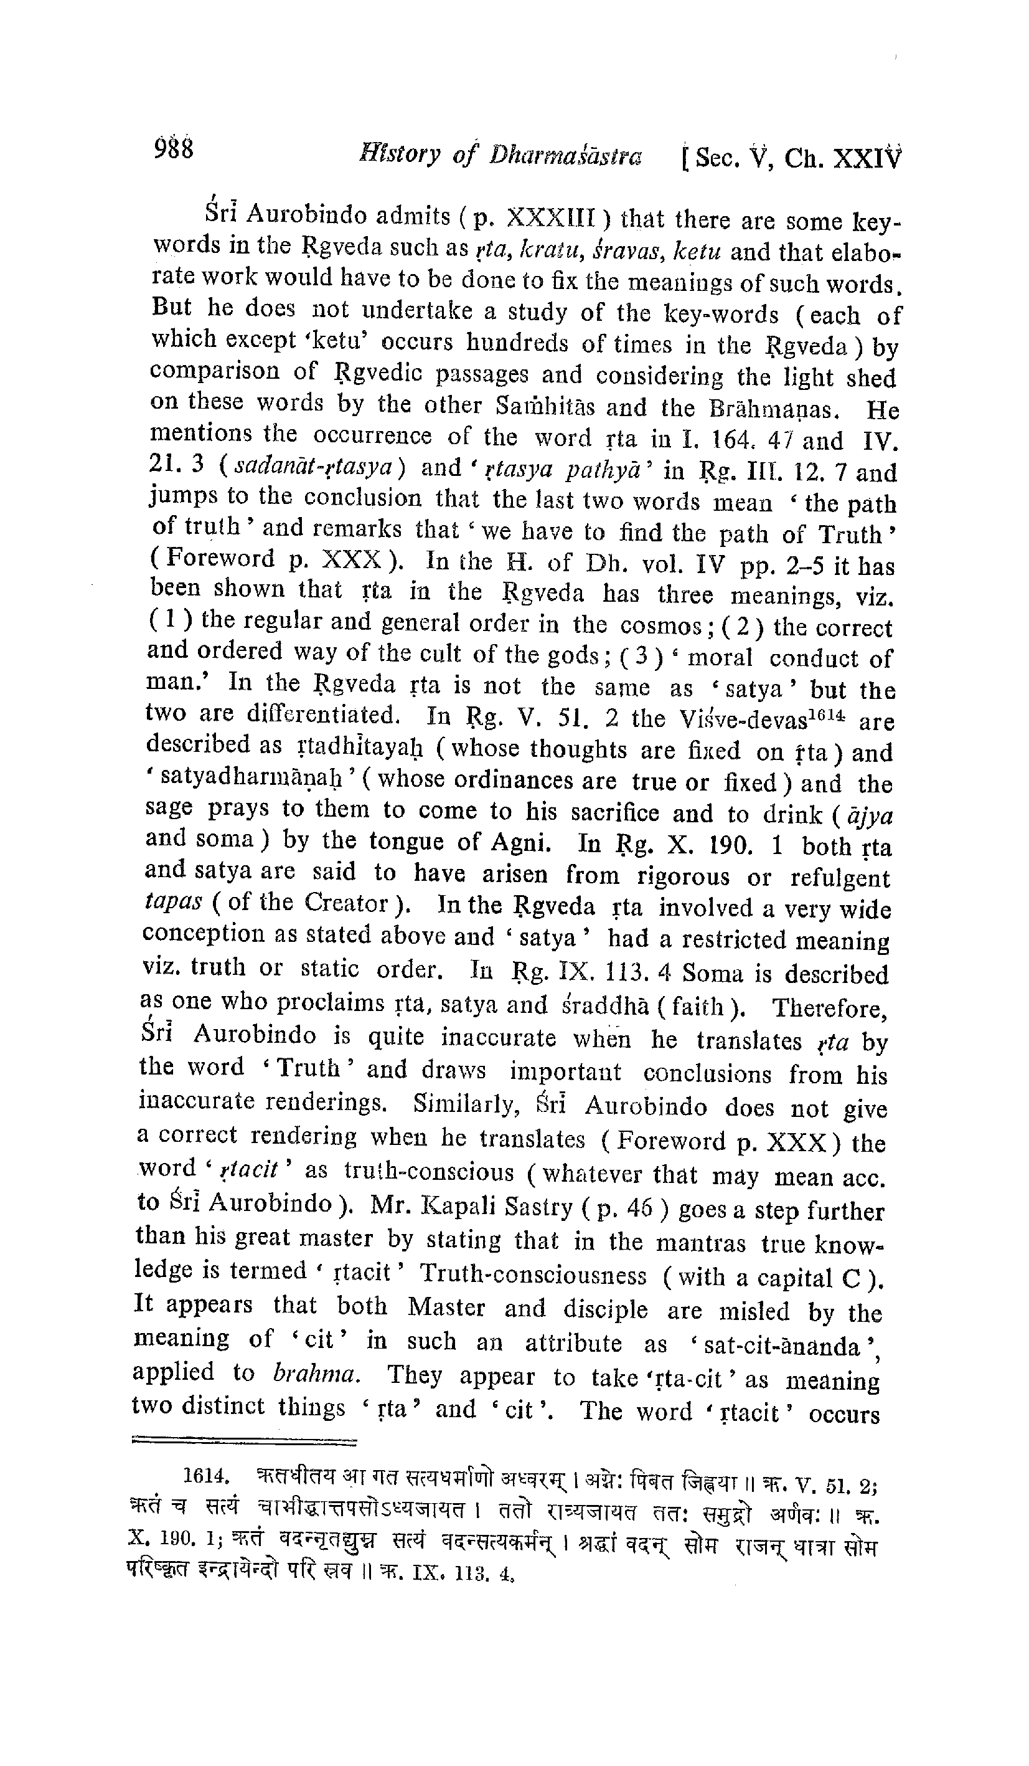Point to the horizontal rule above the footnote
point(244,1440)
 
